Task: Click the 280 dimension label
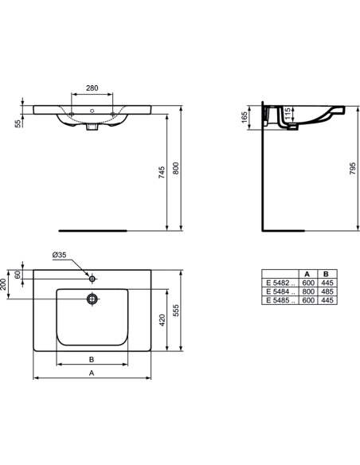click(x=92, y=88)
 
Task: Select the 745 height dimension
click(x=162, y=172)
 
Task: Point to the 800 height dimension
click(x=175, y=168)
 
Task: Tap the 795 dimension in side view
click(x=352, y=168)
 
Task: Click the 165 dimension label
click(x=244, y=117)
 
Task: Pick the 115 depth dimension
click(x=287, y=114)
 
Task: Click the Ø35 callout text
click(x=59, y=255)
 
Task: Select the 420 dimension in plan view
click(x=162, y=320)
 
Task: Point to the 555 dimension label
click(x=176, y=311)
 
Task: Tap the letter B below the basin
click(x=92, y=359)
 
